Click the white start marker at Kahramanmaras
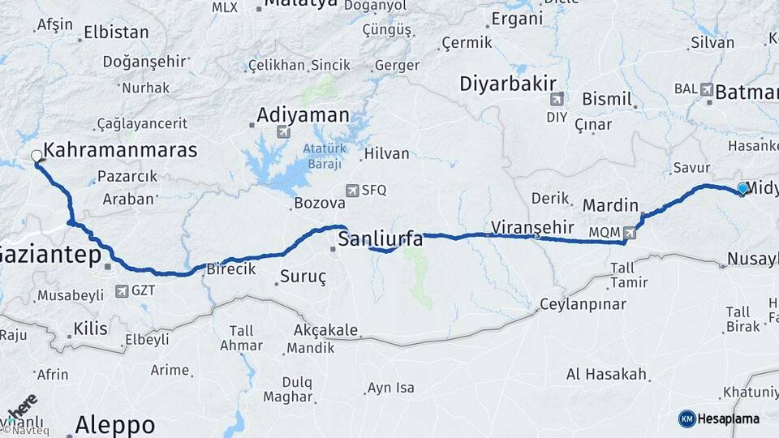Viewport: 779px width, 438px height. point(37,157)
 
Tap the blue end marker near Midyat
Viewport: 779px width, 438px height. point(742,188)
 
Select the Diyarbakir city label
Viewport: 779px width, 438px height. point(508,84)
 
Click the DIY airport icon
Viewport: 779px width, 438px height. point(557,100)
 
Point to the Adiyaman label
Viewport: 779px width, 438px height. point(303,115)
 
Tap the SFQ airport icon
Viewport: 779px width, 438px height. point(352,191)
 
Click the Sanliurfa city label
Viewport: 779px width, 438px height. point(381,238)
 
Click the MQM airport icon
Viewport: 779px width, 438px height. point(631,233)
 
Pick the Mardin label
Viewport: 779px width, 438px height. point(610,205)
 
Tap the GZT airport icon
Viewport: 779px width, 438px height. point(122,290)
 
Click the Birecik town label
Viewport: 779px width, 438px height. point(231,268)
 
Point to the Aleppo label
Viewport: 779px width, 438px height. point(114,424)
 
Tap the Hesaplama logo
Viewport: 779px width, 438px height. point(719,419)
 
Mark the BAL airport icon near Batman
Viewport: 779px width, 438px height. point(706,89)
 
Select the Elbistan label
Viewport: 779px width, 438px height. point(117,33)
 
